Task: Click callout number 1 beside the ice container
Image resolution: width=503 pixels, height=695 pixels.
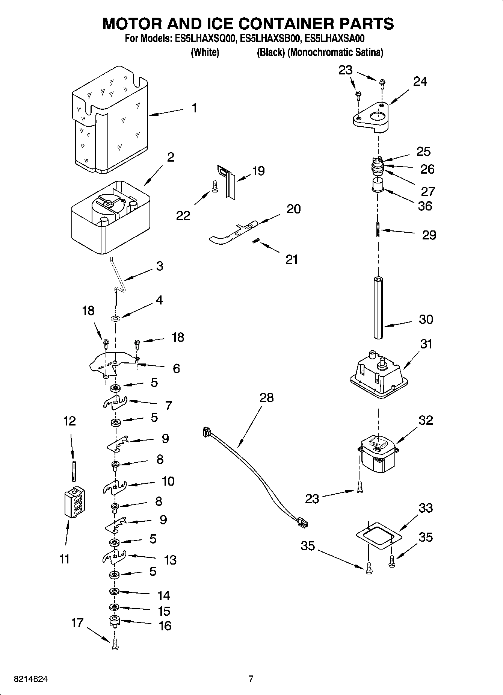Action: point(194,108)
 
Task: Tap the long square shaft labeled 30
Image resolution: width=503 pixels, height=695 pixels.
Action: point(378,308)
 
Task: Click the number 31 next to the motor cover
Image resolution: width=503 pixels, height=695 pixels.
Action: point(426,344)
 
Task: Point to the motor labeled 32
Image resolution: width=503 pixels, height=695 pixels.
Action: point(378,455)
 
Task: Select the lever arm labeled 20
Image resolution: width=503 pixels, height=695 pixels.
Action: point(233,233)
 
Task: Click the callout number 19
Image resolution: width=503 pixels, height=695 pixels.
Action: point(258,171)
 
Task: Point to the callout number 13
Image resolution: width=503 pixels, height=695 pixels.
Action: point(170,560)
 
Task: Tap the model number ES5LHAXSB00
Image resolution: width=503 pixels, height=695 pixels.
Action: point(270,38)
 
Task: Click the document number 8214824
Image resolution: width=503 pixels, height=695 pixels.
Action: point(31,679)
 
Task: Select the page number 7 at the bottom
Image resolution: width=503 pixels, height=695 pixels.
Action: point(251,679)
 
